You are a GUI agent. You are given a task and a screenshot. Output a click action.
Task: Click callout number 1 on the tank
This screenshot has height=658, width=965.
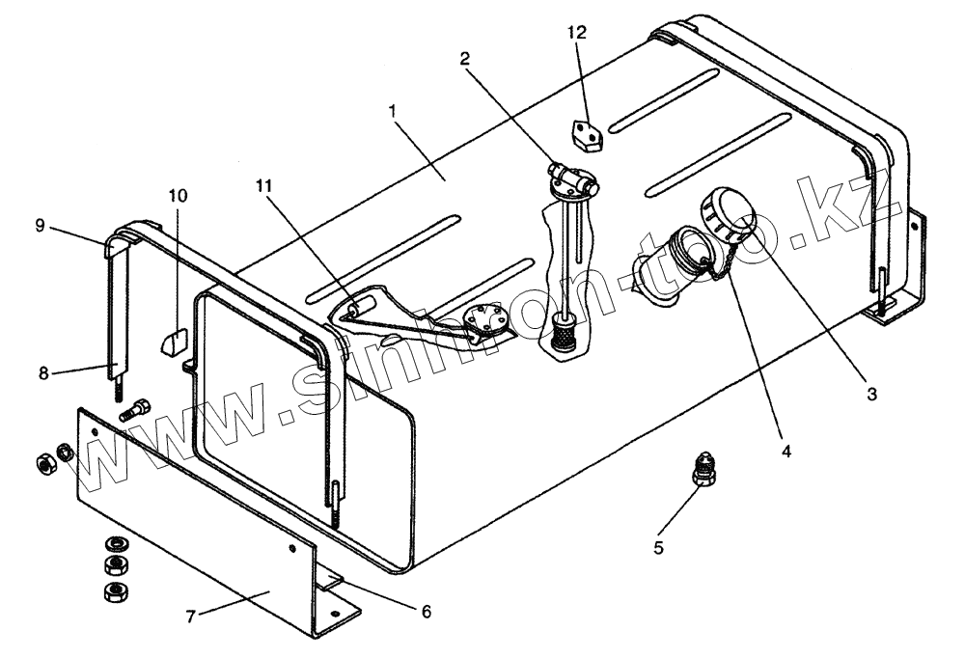(x=393, y=110)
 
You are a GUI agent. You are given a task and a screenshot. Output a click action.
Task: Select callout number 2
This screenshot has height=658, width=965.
(x=466, y=58)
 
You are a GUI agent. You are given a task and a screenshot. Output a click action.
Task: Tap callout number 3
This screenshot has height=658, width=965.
(x=871, y=395)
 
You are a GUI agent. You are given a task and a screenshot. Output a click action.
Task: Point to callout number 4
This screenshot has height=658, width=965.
(x=786, y=451)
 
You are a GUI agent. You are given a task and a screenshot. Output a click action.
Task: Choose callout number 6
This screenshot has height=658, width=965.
(x=426, y=612)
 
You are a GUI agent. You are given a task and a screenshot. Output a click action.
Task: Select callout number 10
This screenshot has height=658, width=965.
(x=177, y=195)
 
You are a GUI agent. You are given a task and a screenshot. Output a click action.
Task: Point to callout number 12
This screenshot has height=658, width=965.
(x=576, y=32)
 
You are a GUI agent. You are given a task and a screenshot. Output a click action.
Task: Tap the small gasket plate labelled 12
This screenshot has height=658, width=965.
(x=582, y=134)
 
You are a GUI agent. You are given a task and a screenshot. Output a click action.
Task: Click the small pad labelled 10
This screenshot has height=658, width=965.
(x=173, y=342)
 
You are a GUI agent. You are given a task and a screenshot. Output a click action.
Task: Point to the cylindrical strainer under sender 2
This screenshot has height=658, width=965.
(x=561, y=337)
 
